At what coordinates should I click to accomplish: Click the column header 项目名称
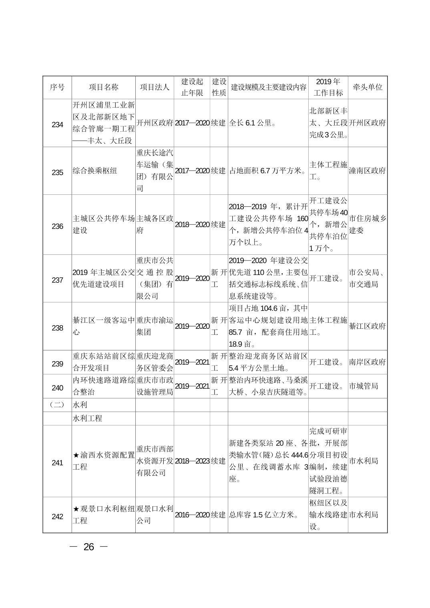104,87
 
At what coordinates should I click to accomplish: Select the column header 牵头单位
368,87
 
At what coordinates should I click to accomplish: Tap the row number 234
57,125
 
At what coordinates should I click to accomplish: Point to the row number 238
57,328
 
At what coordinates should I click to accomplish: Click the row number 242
57,517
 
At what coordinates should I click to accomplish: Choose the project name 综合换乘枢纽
95,171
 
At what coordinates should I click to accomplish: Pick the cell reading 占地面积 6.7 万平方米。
267,171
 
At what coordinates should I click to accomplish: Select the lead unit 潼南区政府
367,171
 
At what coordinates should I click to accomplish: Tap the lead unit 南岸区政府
367,362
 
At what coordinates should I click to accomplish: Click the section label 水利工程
87,418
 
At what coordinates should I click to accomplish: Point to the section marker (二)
57,405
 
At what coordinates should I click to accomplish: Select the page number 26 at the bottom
88,547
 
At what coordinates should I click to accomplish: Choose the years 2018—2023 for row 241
192,461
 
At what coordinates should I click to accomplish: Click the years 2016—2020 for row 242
192,515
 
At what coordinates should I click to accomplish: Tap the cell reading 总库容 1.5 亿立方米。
264,515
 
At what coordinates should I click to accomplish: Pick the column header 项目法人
155,87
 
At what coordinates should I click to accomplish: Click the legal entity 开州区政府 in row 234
155,123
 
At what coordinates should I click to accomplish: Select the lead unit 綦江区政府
367,326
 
